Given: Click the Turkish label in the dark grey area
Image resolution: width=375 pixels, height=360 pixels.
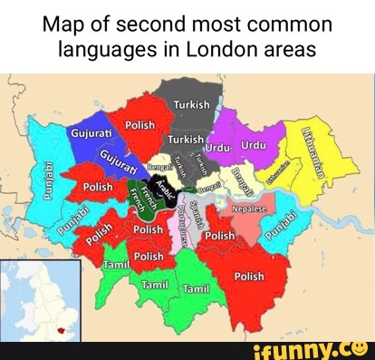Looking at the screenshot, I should (190, 104).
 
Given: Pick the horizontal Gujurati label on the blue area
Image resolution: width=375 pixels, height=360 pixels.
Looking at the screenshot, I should (91, 134).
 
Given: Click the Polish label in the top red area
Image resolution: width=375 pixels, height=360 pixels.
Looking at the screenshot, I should (139, 124).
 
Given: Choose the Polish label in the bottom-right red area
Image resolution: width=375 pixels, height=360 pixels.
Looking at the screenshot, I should (249, 276).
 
